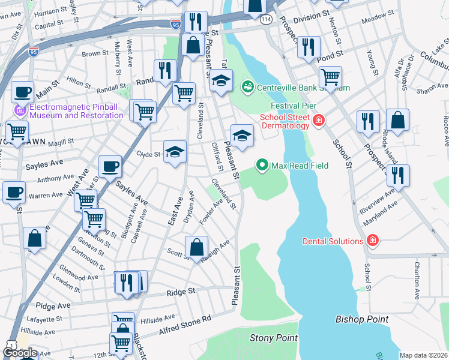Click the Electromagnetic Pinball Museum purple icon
(x=20, y=111)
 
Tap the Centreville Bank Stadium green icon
(x=247, y=88)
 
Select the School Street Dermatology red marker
(x=318, y=121)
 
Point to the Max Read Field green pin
(x=262, y=164)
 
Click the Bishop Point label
(x=362, y=319)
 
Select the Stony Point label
(x=273, y=338)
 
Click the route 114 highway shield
(x=266, y=20)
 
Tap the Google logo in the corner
(x=20, y=353)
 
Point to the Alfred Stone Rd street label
(x=185, y=326)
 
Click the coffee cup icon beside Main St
(x=23, y=92)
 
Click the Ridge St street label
(x=181, y=292)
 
